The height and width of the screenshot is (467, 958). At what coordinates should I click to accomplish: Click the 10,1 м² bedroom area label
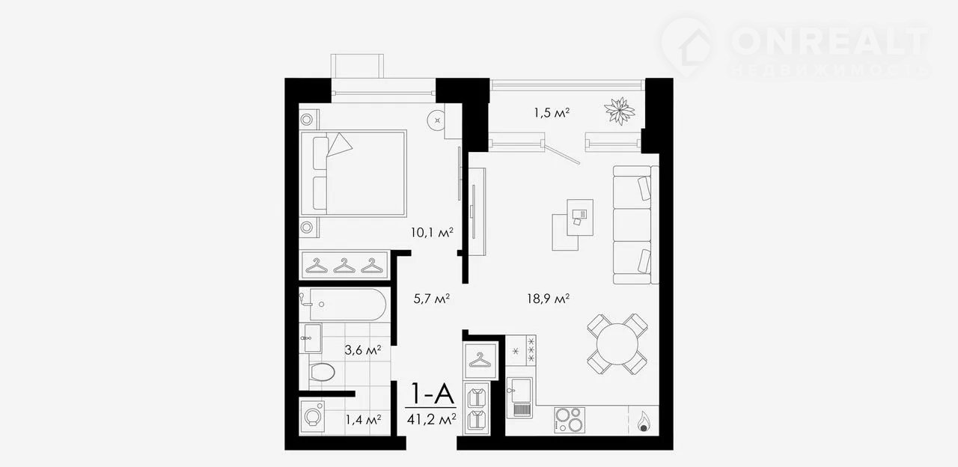click(432, 233)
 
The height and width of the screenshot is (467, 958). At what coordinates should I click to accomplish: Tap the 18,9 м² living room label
click(548, 298)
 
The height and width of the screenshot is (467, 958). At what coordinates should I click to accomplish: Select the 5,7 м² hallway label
click(431, 298)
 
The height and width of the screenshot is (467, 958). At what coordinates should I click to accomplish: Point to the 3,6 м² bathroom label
click(363, 350)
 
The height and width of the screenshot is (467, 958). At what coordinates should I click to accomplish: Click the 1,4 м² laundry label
click(363, 420)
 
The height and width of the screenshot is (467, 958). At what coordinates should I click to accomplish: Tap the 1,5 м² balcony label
click(552, 112)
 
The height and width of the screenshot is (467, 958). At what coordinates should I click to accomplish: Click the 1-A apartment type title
click(432, 394)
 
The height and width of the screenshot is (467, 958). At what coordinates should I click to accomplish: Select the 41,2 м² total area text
click(431, 419)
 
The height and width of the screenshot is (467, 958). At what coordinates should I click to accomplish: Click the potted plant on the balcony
click(619, 112)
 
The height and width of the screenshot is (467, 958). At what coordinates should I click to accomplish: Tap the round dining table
click(617, 344)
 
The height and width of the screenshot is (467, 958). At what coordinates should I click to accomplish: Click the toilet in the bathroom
click(321, 372)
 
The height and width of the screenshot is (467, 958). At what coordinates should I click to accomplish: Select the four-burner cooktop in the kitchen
click(570, 420)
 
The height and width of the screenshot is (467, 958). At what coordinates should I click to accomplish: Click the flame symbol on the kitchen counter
click(643, 421)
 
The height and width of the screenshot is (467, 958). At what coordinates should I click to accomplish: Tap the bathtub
click(347, 305)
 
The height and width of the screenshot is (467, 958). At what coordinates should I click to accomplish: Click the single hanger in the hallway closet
click(480, 360)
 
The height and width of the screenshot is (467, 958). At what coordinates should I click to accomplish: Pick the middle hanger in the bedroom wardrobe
click(344, 266)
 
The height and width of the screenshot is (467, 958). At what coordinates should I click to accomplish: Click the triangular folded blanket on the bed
click(339, 144)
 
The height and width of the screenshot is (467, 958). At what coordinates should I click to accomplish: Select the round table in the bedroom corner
click(436, 120)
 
